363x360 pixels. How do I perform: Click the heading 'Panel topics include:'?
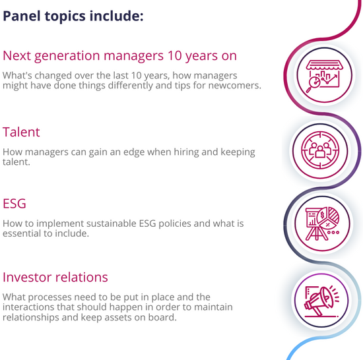73,16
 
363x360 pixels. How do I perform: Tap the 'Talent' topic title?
21,132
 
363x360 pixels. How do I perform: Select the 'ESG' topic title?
15,204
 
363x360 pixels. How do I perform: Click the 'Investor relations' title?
55,277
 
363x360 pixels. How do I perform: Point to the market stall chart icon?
324,76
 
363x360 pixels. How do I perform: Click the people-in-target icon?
320,150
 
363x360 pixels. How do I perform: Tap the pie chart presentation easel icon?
323,224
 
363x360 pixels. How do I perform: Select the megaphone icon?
322,301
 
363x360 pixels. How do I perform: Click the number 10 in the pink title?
175,56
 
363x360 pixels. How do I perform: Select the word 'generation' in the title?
67,57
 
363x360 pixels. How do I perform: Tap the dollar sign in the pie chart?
322,215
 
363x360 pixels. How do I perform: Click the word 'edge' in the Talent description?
134,152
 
